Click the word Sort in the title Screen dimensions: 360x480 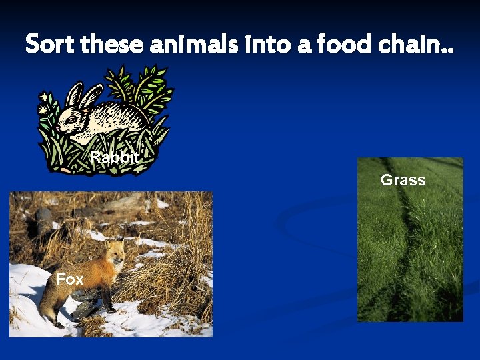tap(50, 44)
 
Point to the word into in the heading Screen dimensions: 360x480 tap(263, 44)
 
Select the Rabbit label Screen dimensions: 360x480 tap(115, 158)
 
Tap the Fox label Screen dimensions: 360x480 tap(69, 279)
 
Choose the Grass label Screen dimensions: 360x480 tap(403, 180)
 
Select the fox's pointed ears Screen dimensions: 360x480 tap(114, 245)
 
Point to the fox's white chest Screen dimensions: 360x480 tap(109, 277)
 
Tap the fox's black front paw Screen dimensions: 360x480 tap(111, 309)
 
